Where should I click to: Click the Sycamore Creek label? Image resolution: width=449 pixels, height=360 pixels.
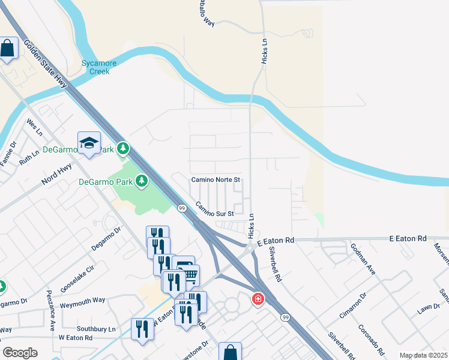coord(95,67)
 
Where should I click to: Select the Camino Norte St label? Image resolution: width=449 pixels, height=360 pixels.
coord(215,179)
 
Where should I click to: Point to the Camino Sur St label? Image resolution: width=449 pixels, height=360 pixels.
coord(214,209)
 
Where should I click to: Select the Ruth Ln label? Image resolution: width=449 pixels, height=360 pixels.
coord(28,157)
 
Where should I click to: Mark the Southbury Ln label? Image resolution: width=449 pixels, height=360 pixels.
coord(96,329)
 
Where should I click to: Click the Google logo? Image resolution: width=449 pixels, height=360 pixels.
coord(20,353)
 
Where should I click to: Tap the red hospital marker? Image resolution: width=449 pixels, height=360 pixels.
coord(258,298)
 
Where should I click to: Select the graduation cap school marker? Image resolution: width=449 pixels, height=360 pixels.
coord(89,143)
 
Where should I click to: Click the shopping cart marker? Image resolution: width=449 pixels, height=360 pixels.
coord(189,275)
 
